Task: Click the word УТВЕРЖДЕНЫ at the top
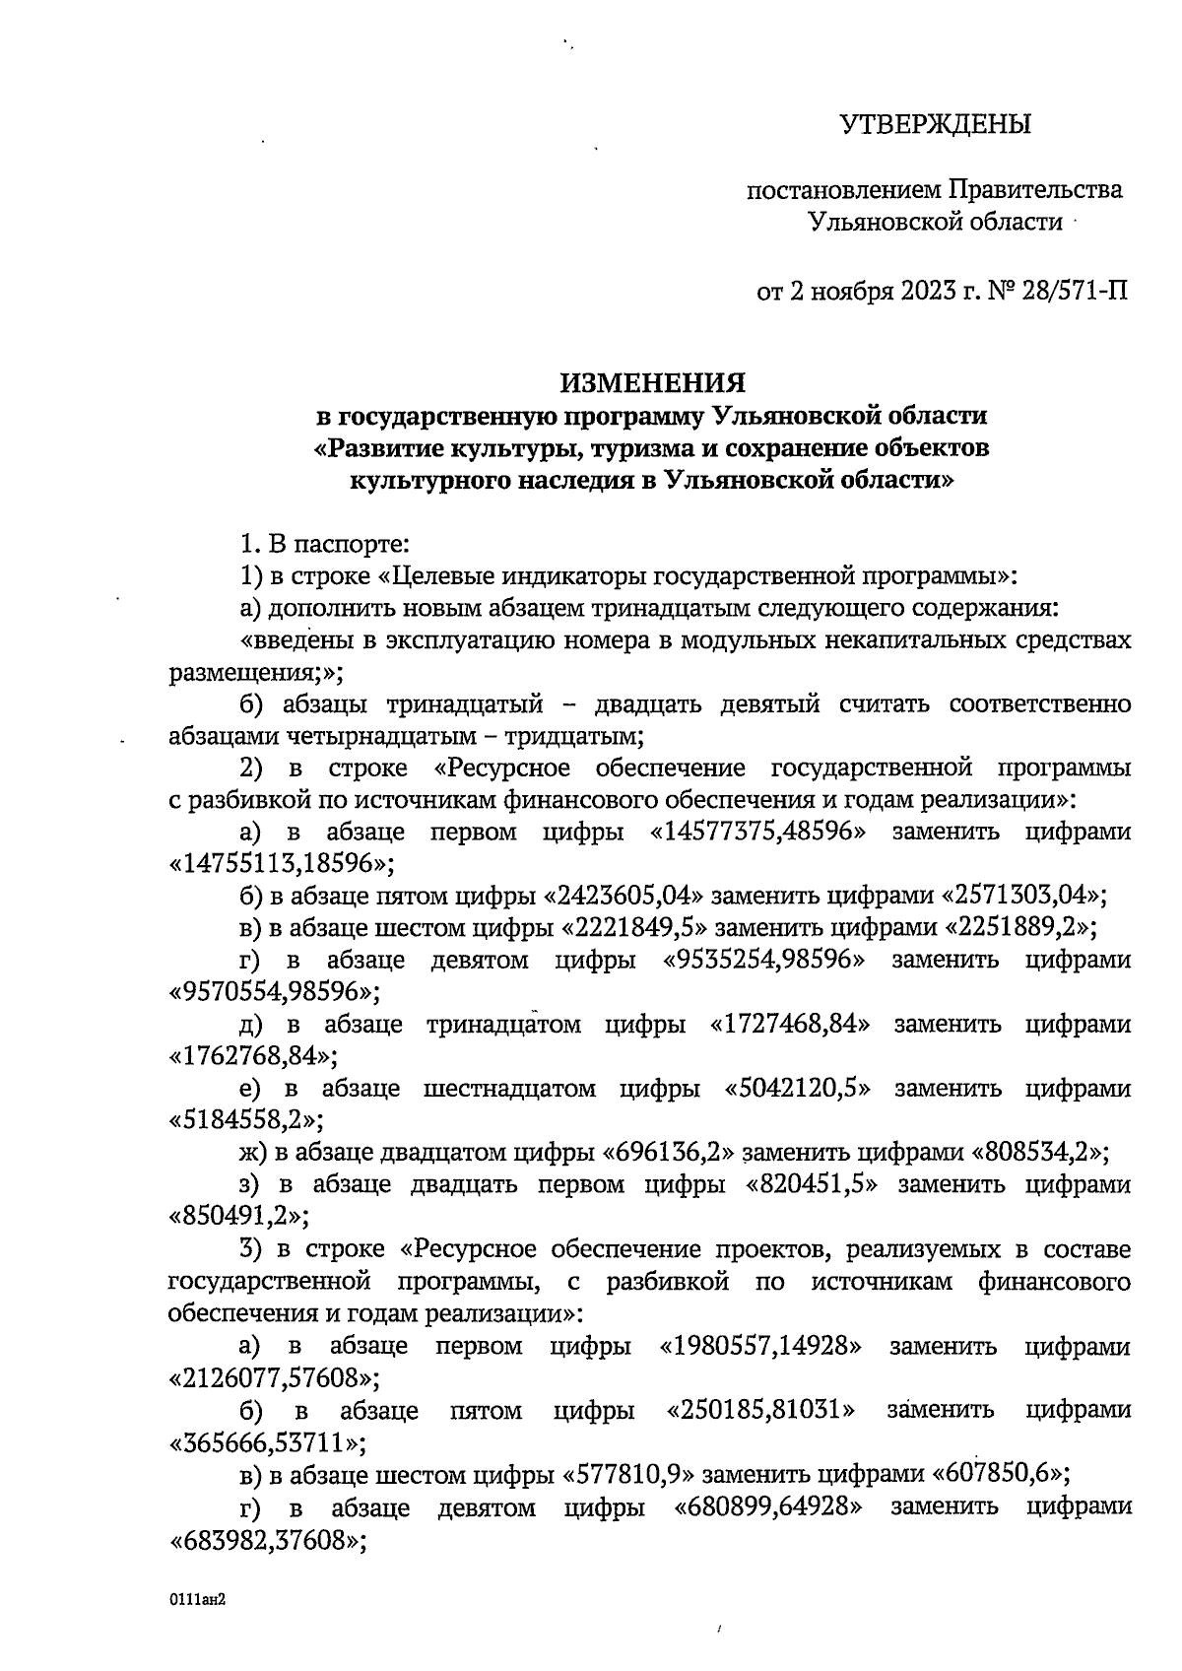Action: [935, 124]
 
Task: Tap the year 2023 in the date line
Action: [922, 292]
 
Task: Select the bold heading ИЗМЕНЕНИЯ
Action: [653, 382]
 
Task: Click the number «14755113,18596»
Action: [276, 864]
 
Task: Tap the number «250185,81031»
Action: [760, 1411]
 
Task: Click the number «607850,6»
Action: [997, 1475]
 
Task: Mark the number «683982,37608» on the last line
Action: [262, 1540]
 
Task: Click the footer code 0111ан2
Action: [198, 1601]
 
